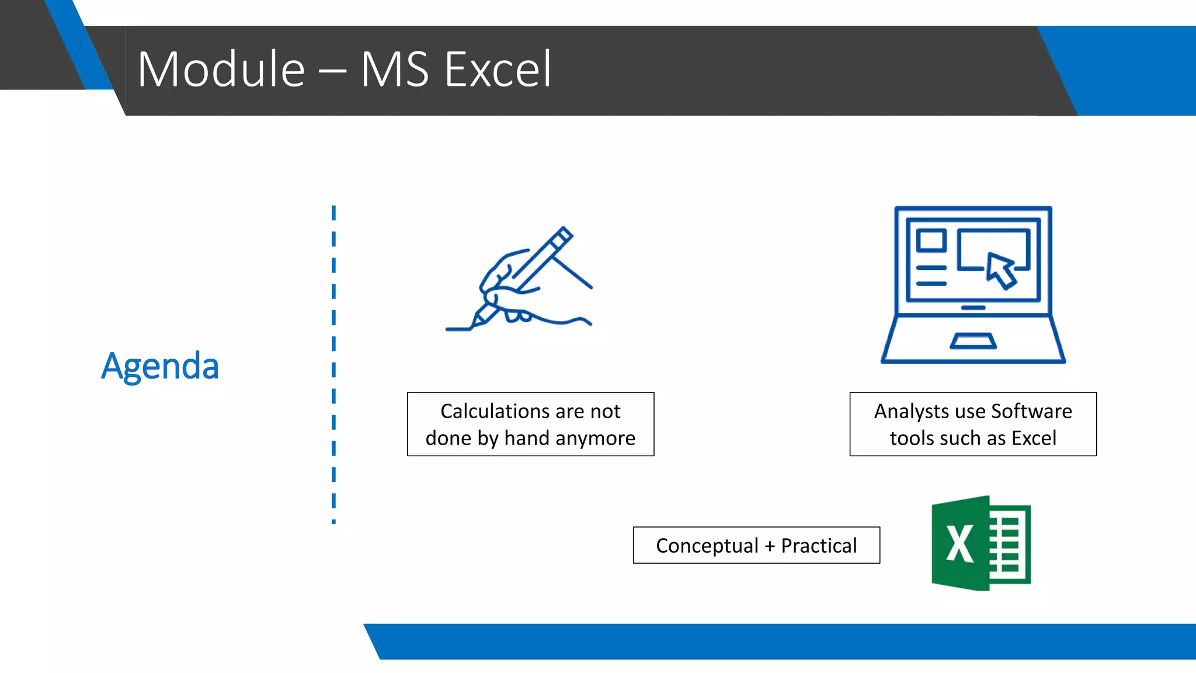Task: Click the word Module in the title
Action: click(221, 70)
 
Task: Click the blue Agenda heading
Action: click(160, 366)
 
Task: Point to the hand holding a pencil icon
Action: click(518, 280)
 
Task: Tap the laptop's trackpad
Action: click(973, 341)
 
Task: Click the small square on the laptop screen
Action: click(931, 240)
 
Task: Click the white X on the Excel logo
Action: click(959, 544)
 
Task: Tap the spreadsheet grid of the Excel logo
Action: click(1009, 543)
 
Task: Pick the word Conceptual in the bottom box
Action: click(707, 546)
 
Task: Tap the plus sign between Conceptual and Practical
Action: click(770, 546)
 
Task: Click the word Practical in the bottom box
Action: click(819, 546)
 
